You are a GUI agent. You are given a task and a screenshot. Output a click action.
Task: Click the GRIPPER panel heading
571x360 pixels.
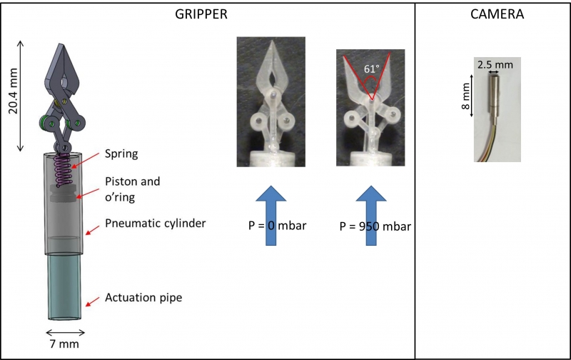[201, 14]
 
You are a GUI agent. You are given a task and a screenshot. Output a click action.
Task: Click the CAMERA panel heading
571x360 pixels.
[497, 14]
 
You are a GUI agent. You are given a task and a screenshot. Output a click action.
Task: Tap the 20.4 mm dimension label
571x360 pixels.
[14, 91]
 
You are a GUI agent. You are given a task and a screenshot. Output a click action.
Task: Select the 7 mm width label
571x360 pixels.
[64, 344]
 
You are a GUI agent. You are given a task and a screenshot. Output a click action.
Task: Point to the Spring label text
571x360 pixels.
[121, 154]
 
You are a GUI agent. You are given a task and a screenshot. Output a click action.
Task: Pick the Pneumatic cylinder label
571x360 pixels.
[155, 223]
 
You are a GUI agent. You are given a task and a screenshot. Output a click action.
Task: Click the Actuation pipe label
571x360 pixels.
[143, 298]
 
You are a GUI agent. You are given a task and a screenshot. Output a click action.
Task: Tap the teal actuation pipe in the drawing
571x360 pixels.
[64, 287]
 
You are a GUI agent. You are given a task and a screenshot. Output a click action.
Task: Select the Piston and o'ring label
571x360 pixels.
[133, 189]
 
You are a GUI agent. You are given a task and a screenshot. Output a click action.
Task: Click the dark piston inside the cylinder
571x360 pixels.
[63, 193]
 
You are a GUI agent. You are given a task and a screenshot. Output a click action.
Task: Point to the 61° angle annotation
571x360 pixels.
[371, 69]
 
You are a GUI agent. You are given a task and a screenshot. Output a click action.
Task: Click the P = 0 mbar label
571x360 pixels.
[277, 226]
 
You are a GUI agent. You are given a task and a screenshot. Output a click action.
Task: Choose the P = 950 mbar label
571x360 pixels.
[375, 226]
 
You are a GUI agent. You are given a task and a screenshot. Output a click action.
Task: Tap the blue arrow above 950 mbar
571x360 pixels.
[370, 215]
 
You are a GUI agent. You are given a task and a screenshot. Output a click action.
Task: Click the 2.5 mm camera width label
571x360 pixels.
[495, 65]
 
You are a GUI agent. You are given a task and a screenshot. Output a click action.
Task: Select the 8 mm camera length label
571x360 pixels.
[466, 96]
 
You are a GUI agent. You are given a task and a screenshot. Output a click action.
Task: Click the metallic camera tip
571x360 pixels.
[494, 95]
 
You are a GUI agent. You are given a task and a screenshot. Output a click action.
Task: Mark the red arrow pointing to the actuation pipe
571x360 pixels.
[93, 301]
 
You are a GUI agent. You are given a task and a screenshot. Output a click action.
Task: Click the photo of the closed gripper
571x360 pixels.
[271, 101]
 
